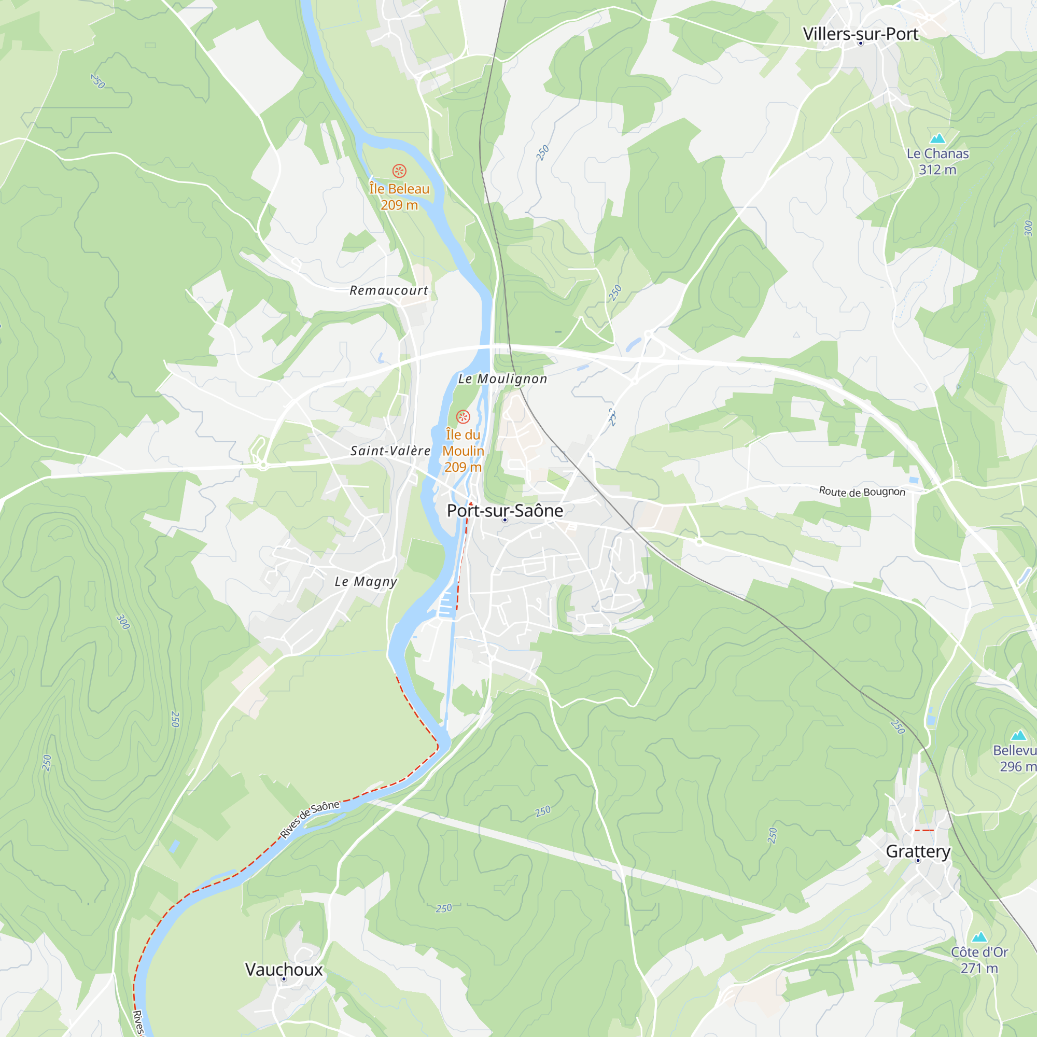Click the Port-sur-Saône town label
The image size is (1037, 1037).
pyautogui.click(x=505, y=510)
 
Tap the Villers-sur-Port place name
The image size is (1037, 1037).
pyautogui.click(x=860, y=34)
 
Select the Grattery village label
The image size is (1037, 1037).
pyautogui.click(x=918, y=851)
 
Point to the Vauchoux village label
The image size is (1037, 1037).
pyautogui.click(x=284, y=970)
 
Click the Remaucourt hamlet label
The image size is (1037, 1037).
pyautogui.click(x=388, y=290)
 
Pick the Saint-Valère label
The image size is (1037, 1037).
pyautogui.click(x=390, y=451)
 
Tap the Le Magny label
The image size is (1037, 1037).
pyautogui.click(x=366, y=581)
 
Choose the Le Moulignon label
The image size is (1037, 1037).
pyautogui.click(x=502, y=379)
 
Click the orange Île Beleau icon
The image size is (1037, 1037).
pyautogui.click(x=399, y=171)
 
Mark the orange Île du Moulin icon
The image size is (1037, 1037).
pyautogui.click(x=463, y=416)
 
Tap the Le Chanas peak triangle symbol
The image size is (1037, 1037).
pyautogui.click(x=937, y=138)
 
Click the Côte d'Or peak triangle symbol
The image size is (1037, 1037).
pyautogui.click(x=979, y=936)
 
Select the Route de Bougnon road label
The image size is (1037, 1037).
pyautogui.click(x=862, y=492)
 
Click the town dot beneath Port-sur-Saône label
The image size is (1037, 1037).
pyautogui.click(x=505, y=520)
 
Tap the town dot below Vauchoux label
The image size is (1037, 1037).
pyautogui.click(x=284, y=979)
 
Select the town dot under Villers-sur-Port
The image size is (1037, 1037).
pyautogui.click(x=860, y=44)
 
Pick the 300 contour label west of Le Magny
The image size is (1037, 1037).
pyautogui.click(x=123, y=622)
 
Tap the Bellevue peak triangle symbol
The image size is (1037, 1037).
pyautogui.click(x=1018, y=735)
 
